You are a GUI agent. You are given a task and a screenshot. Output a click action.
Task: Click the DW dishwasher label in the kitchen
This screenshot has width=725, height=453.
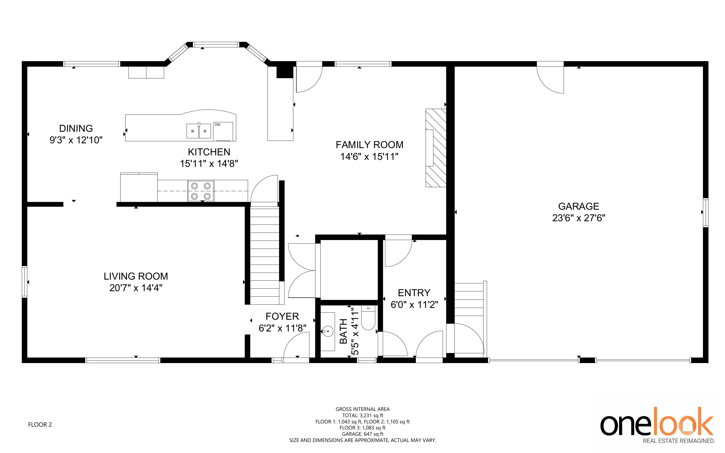217,125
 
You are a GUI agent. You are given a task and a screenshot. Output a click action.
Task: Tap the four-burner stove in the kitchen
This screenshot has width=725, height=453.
201,191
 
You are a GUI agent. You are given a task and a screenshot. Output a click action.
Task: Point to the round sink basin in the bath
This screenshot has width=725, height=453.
328,331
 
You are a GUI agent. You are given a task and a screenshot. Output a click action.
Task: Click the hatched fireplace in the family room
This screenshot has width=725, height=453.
436,148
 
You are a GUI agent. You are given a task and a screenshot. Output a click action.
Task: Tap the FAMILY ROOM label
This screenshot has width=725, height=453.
370,145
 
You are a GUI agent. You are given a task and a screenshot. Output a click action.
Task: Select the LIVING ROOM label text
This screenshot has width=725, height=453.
136,276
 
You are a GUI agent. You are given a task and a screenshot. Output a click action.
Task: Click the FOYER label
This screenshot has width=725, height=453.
282,316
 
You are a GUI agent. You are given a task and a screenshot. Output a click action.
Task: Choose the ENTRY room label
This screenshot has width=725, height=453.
414,293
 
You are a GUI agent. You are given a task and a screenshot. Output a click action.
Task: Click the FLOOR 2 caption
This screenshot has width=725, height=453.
40,424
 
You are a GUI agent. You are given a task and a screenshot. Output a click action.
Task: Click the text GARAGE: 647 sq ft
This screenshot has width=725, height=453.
363,434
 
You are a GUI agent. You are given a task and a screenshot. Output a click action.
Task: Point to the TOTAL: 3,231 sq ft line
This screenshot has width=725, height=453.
363,415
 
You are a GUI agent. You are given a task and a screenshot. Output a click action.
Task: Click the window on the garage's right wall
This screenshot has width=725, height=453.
705,212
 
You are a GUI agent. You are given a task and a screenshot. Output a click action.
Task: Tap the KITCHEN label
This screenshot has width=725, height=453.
209,152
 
